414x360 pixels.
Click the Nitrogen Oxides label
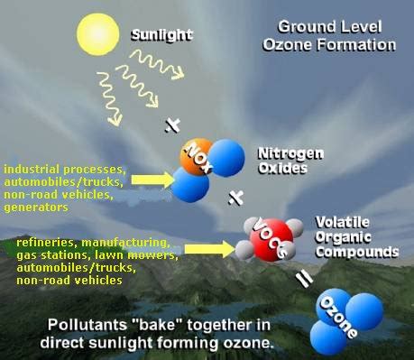coord(285,160)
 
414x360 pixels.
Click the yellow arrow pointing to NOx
coord(150,180)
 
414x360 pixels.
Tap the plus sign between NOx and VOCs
coord(236,197)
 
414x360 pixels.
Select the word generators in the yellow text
coord(35,207)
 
